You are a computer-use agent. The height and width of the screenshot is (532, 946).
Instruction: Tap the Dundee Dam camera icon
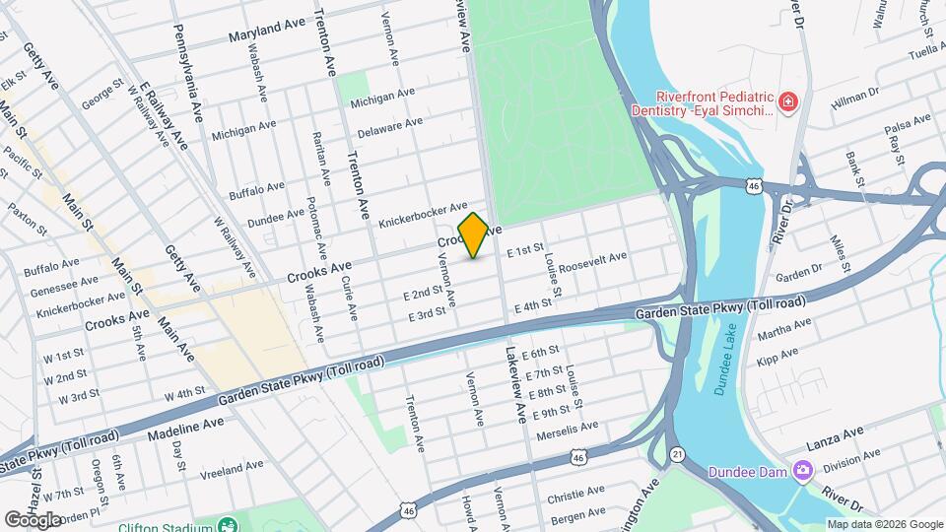point(804,471)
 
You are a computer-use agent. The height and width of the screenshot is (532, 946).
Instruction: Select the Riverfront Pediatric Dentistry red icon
point(786,102)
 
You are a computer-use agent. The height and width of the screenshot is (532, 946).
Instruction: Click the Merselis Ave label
point(567,431)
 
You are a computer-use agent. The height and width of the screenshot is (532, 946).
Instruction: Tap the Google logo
point(33,519)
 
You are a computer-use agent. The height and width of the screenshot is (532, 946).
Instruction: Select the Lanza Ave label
point(835,432)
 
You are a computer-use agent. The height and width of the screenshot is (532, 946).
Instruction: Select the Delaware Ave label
point(389,127)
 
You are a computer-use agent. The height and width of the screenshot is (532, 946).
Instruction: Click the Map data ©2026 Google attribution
point(885,524)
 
